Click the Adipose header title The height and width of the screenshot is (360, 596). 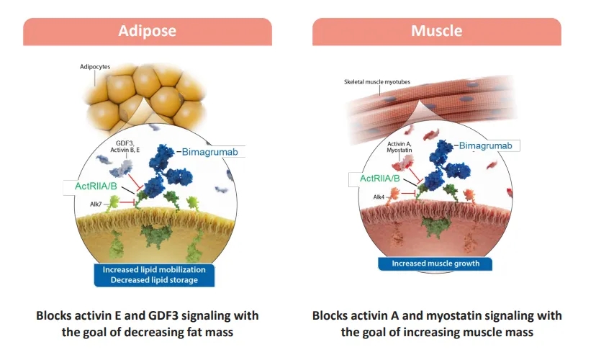tap(147, 31)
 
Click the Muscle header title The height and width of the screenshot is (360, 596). tap(436, 31)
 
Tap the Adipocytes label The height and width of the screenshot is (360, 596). tap(95, 67)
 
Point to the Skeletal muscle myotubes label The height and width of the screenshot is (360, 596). tap(377, 82)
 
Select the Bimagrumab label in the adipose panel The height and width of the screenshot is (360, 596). tap(209, 152)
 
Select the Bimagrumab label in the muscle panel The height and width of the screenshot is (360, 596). tap(485, 145)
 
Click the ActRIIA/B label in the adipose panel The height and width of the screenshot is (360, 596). tap(96, 186)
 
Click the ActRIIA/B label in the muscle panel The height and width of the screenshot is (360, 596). tap(380, 179)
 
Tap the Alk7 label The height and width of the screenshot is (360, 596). tap(96, 204)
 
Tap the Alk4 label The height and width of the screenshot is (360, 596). tap(379, 197)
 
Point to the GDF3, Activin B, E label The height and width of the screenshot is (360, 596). tap(125, 147)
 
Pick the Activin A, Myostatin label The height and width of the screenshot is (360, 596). tap(399, 147)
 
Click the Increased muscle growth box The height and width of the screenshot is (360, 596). tap(435, 264)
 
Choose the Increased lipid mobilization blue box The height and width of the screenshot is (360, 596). tap(154, 275)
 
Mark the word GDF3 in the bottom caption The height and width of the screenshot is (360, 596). tap(161, 316)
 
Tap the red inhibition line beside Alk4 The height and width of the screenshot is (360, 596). tap(409, 194)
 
